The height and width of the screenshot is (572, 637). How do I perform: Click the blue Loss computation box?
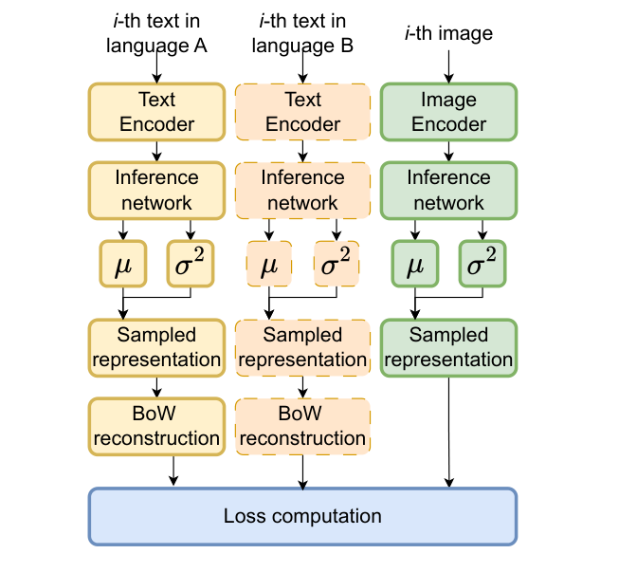[302, 516]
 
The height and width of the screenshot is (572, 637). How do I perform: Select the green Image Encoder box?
[448, 112]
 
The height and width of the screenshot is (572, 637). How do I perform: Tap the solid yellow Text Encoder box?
[156, 112]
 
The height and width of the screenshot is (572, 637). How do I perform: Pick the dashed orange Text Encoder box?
[302, 112]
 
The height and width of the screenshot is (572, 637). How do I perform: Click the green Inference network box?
[448, 190]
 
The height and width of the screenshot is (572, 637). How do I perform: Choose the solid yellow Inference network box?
[156, 190]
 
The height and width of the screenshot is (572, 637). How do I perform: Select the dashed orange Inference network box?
[302, 190]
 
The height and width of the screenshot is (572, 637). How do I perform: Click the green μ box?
[414, 264]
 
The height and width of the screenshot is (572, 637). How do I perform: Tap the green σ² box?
[483, 264]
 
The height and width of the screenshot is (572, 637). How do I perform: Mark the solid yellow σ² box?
[192, 264]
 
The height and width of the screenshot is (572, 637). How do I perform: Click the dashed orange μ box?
[269, 264]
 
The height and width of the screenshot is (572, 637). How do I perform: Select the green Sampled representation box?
[448, 346]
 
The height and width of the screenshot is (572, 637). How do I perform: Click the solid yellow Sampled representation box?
[156, 346]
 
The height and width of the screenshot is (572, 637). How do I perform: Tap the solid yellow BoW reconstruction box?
[156, 425]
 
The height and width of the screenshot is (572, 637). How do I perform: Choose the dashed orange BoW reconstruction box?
[302, 425]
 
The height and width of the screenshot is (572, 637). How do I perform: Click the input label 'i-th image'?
[448, 34]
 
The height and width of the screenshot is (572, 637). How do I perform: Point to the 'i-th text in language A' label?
[156, 33]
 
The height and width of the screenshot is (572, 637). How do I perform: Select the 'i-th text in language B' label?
[302, 33]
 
